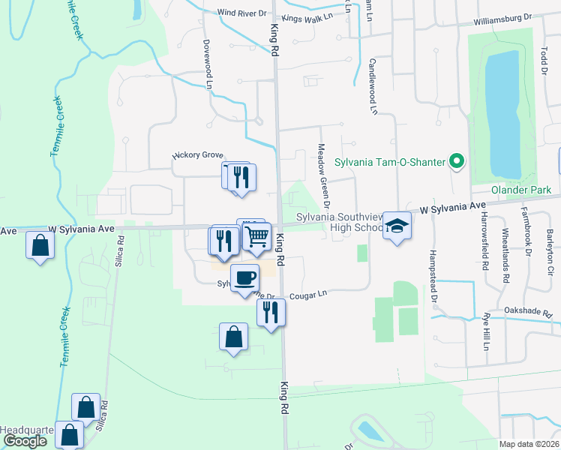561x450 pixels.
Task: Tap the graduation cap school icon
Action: pos(397,226)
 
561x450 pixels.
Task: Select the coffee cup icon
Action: pos(244,279)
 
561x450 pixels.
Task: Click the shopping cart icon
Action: pos(256,236)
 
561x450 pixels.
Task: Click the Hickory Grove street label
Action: pos(199,155)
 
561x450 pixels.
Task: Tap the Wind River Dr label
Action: pos(241,13)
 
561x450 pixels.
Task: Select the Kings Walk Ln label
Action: pos(307,16)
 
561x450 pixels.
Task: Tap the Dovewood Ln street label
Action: pos(208,64)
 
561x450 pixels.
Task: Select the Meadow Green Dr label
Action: pos(322,175)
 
